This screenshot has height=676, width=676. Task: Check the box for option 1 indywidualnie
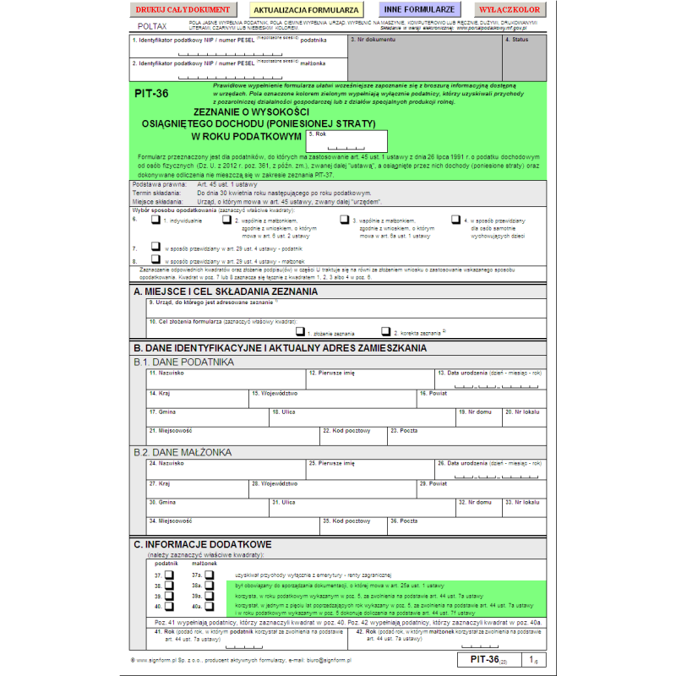point(155,220)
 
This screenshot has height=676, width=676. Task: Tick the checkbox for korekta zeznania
point(385,332)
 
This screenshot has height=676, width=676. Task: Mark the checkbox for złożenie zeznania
point(300,332)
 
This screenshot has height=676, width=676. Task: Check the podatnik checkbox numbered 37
point(168,574)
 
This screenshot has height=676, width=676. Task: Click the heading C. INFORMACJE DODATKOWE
point(203,543)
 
